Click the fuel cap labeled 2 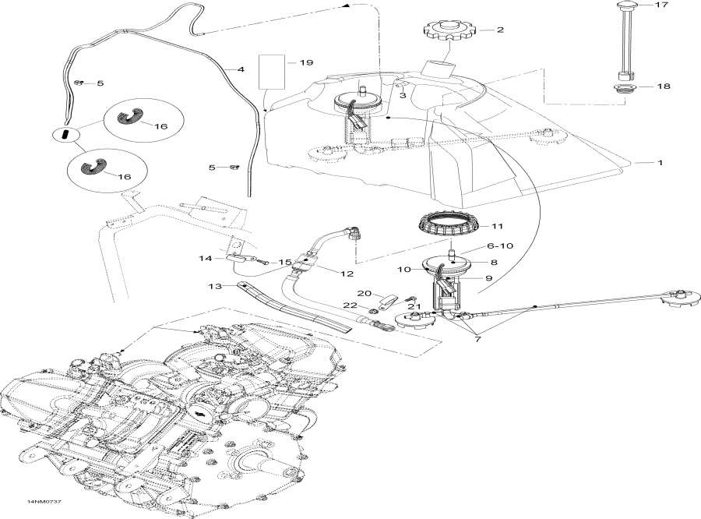point(449,33)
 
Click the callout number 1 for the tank point(660,164)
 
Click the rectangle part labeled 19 point(272,72)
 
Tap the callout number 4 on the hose point(241,70)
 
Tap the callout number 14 point(205,257)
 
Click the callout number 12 point(346,274)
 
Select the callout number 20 point(364,292)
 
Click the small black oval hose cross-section point(65,134)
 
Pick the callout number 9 point(490,277)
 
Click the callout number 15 point(284,263)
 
